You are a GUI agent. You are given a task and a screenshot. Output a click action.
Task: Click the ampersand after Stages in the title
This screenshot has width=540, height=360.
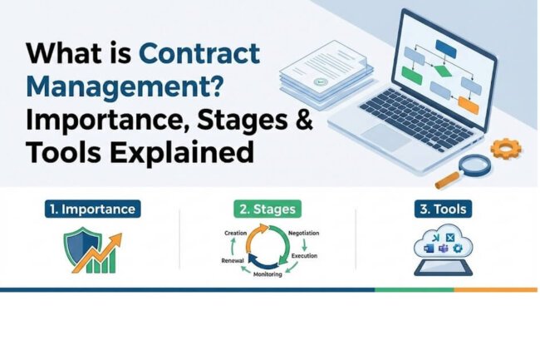[304, 121]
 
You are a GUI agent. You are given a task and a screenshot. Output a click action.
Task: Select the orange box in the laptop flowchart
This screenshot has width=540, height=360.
[468, 105]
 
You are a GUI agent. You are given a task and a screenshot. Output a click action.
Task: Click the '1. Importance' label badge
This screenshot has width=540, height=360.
[93, 208]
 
